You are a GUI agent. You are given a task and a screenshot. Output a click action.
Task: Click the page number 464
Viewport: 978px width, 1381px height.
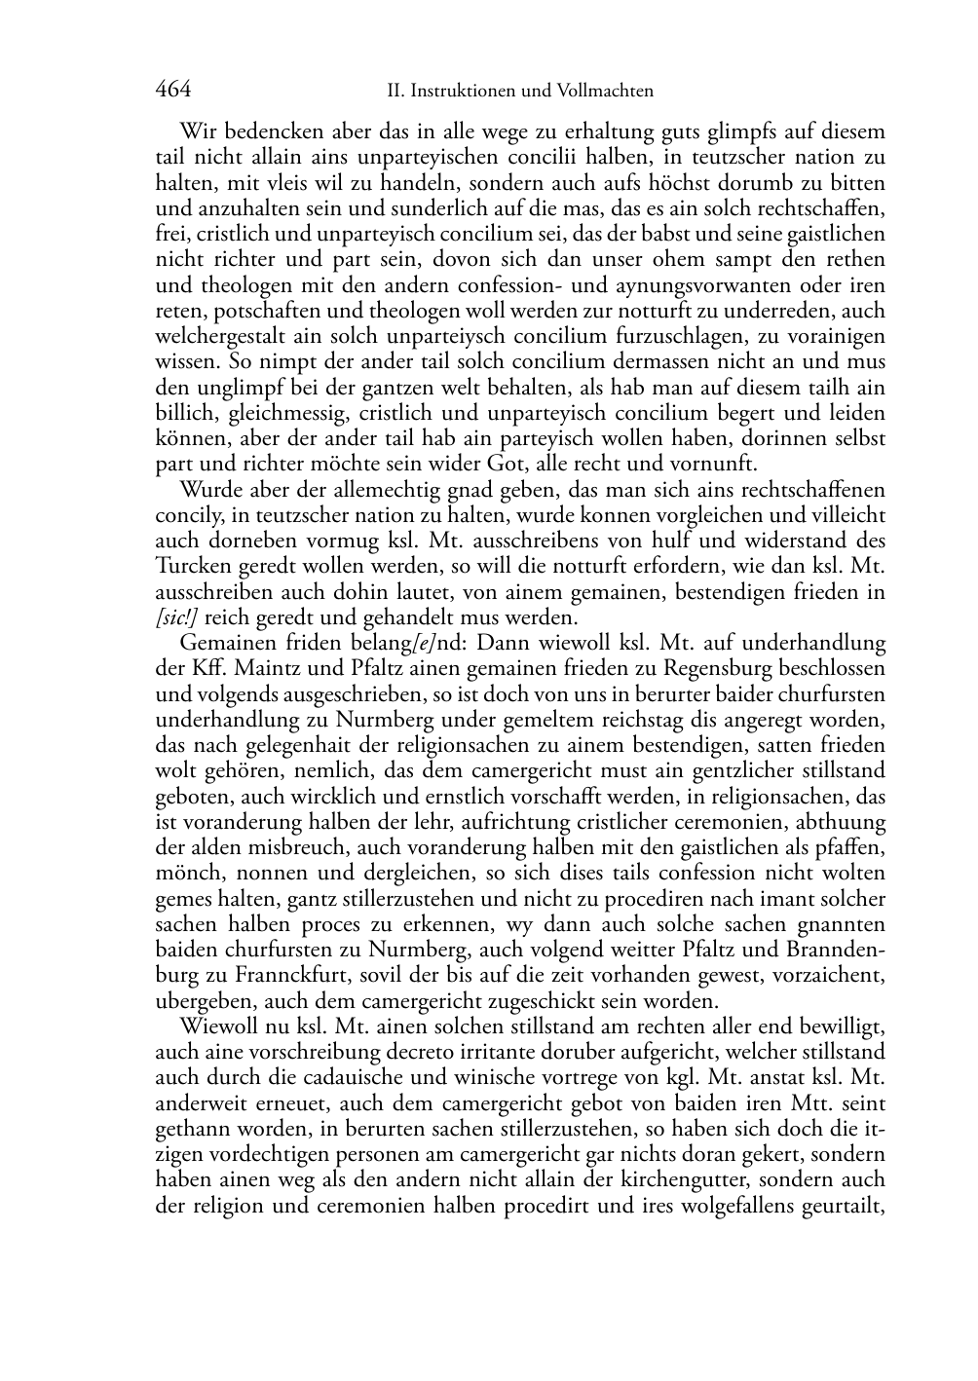(x=172, y=90)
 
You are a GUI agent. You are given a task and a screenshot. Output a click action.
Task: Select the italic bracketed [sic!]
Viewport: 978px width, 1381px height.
(x=177, y=617)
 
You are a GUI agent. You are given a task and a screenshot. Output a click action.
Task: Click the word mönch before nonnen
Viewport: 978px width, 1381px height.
(x=183, y=873)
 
